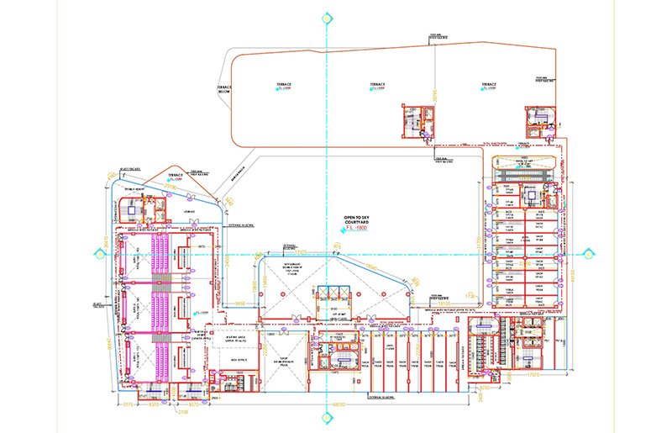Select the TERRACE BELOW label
(x=224, y=89)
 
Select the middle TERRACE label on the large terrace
(x=378, y=85)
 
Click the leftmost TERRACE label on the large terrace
(x=282, y=85)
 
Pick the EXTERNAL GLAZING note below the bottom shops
(x=392, y=395)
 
